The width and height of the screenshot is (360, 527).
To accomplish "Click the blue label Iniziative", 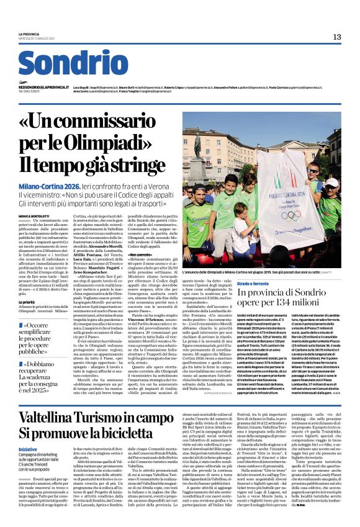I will tap(28, 449).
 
